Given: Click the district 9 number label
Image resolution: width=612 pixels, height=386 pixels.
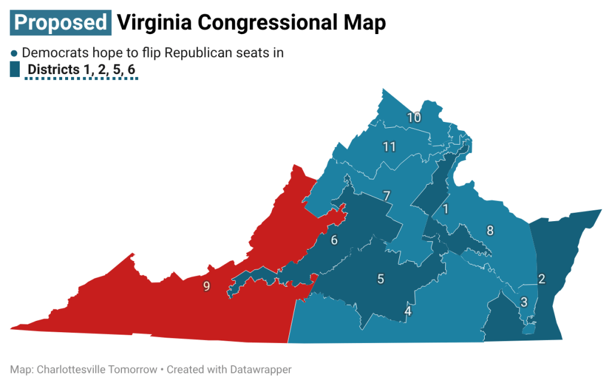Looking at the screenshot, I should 206,286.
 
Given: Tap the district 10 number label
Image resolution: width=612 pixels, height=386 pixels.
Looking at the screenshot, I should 414,117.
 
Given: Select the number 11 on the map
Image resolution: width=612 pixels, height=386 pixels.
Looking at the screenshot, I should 389,146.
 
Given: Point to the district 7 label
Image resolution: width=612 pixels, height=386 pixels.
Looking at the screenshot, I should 387,196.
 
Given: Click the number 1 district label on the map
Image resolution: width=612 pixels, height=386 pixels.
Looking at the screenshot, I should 445,209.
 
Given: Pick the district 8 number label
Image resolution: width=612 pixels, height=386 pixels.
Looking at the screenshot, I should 490,231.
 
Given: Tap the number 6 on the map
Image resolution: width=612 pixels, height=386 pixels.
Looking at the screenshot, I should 334,240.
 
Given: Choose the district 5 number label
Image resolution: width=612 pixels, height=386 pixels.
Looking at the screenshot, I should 380,278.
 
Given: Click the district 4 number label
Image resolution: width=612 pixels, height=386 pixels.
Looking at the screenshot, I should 408,311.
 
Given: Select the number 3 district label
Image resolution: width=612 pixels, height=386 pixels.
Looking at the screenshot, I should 524,302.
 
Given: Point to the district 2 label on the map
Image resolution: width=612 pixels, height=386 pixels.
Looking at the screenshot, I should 541,278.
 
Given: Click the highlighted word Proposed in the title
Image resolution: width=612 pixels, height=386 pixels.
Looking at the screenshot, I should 61,22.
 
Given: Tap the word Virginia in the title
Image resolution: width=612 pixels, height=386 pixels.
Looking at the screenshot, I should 153,22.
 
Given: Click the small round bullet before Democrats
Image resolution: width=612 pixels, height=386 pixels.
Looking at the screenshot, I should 15,53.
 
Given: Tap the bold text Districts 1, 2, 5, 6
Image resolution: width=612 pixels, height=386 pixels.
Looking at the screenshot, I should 82,70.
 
